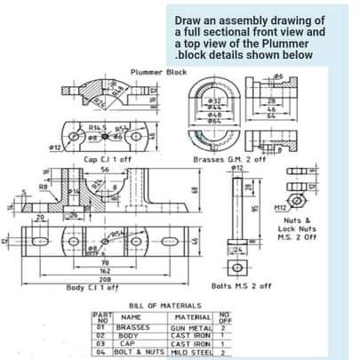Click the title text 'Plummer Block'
tap(159, 71)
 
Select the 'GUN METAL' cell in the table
tap(191, 328)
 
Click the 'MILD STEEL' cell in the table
tap(191, 352)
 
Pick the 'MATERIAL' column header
tap(193, 316)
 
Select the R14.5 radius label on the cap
tap(97, 128)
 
